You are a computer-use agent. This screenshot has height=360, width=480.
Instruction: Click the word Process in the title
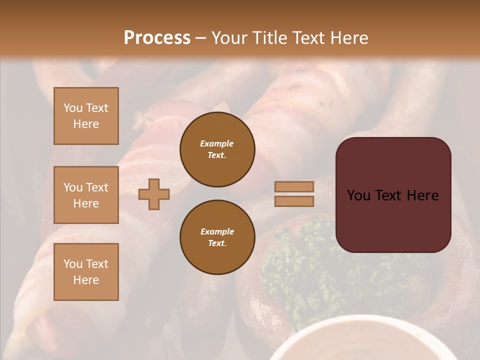(157, 38)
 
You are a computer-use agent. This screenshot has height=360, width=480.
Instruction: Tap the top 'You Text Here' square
(86, 116)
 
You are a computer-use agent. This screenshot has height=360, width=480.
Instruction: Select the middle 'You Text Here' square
(86, 195)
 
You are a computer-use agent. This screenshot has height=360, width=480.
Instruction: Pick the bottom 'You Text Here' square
(86, 271)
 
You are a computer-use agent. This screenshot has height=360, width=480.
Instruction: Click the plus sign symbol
(154, 194)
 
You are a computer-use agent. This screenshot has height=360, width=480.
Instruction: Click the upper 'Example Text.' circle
(217, 149)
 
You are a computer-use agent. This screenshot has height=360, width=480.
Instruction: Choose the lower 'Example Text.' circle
(217, 237)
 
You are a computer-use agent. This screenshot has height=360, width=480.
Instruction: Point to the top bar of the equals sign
(294, 186)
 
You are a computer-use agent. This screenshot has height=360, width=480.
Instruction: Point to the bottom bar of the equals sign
(294, 201)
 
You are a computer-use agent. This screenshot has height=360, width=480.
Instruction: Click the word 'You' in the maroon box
(359, 195)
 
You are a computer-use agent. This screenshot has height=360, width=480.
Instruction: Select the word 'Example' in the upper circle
(217, 143)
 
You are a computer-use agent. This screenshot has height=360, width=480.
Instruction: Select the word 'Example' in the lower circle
(217, 231)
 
